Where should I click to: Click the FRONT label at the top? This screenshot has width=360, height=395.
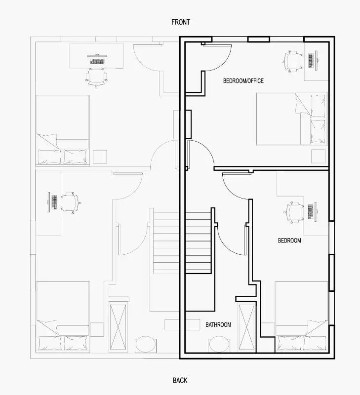click(x=180, y=22)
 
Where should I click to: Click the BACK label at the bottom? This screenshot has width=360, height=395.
click(x=180, y=380)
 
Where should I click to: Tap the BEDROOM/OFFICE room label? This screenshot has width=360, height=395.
click(x=243, y=80)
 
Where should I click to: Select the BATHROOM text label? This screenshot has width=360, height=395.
click(x=218, y=324)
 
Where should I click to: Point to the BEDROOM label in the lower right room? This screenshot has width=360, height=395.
click(x=289, y=240)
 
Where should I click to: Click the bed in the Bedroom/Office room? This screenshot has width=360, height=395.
click(x=291, y=119)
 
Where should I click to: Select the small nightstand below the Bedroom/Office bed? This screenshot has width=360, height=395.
click(x=319, y=155)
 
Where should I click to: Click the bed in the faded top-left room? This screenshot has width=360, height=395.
click(x=63, y=130)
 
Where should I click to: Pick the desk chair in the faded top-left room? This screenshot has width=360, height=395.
click(x=96, y=78)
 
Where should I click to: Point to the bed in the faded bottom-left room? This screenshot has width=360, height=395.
click(x=63, y=316)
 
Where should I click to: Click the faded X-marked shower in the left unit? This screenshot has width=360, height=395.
click(x=119, y=326)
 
